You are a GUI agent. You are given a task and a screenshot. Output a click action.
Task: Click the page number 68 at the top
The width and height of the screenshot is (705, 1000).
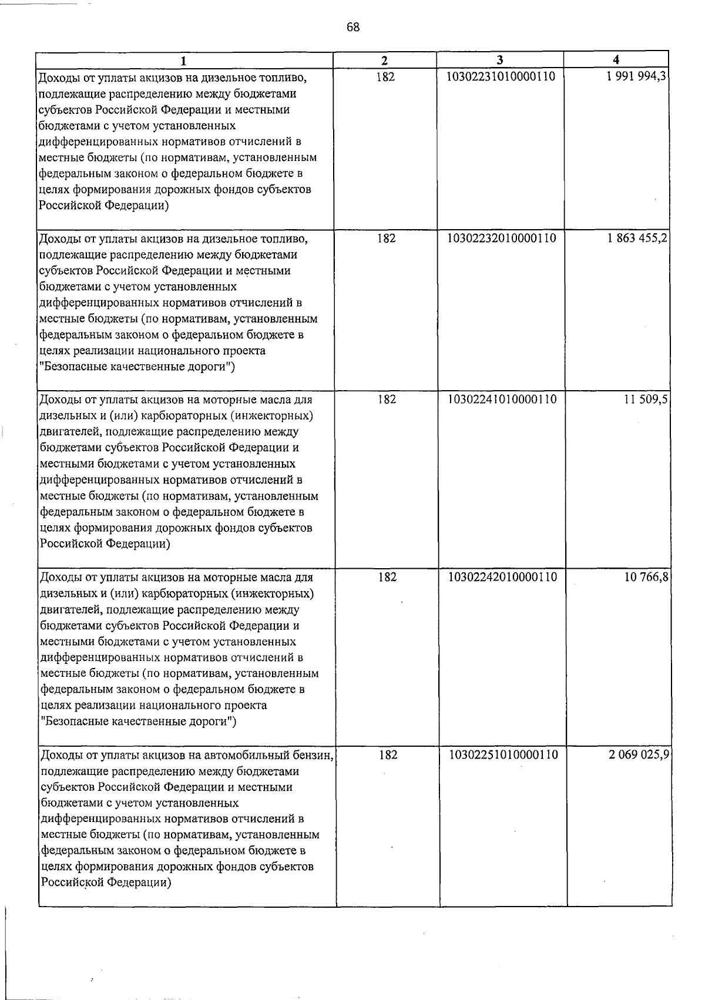tap(353, 27)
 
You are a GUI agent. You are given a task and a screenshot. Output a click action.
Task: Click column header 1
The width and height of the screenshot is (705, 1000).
tap(184, 61)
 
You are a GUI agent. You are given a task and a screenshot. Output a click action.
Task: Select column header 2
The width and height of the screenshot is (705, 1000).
tap(384, 61)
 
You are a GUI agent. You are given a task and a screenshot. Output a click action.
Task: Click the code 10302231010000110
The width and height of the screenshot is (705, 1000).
tap(501, 77)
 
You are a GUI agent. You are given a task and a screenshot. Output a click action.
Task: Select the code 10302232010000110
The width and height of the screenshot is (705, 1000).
tap(502, 238)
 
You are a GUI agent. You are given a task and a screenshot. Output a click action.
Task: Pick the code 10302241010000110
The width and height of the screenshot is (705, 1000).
tap(502, 400)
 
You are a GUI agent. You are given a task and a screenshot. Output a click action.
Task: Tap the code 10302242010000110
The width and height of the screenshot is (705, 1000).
tap(503, 578)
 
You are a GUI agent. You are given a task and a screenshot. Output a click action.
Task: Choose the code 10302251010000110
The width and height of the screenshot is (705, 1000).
tap(503, 754)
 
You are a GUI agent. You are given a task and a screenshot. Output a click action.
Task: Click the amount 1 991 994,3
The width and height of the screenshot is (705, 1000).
tap(637, 77)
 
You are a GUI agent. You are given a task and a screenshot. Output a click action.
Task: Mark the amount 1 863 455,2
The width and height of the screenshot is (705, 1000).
tap(637, 238)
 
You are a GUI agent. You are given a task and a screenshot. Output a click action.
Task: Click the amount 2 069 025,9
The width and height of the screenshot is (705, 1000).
tap(639, 754)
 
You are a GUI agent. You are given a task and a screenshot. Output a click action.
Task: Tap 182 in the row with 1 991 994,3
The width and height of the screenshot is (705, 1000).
tap(385, 77)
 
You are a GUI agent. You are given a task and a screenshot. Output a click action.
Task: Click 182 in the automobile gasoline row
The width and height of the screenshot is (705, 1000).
tap(388, 754)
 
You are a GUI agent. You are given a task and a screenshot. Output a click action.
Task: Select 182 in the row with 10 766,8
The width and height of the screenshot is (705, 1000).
tap(387, 578)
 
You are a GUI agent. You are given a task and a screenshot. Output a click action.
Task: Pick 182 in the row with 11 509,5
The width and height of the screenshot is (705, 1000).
tap(387, 400)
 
